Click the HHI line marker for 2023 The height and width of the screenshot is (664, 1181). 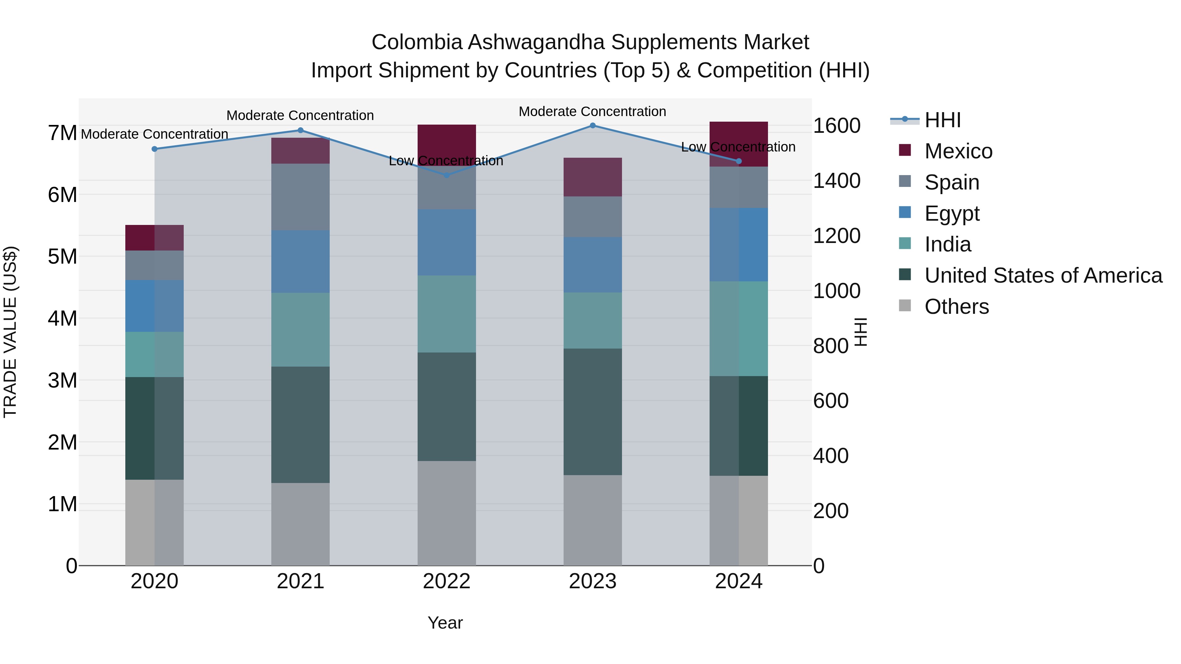tap(592, 126)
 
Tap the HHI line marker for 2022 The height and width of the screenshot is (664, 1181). tap(446, 175)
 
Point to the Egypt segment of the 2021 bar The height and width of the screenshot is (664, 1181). tap(300, 261)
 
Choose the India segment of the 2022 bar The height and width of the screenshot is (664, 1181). tap(446, 314)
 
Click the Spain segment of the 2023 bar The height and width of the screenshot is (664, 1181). tap(592, 217)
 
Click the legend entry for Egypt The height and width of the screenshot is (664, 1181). tap(951, 213)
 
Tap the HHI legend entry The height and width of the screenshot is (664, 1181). tap(942, 120)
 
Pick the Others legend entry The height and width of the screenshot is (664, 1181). tap(956, 307)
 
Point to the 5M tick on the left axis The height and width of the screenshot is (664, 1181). tap(62, 257)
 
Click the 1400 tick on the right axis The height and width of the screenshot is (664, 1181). tap(836, 181)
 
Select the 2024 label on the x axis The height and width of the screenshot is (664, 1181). tap(738, 581)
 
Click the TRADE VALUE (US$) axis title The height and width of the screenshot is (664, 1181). tap(10, 332)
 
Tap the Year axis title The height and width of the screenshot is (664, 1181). tap(445, 623)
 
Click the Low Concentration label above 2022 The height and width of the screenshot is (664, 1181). tap(445, 161)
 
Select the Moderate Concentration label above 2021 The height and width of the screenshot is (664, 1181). tap(300, 115)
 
